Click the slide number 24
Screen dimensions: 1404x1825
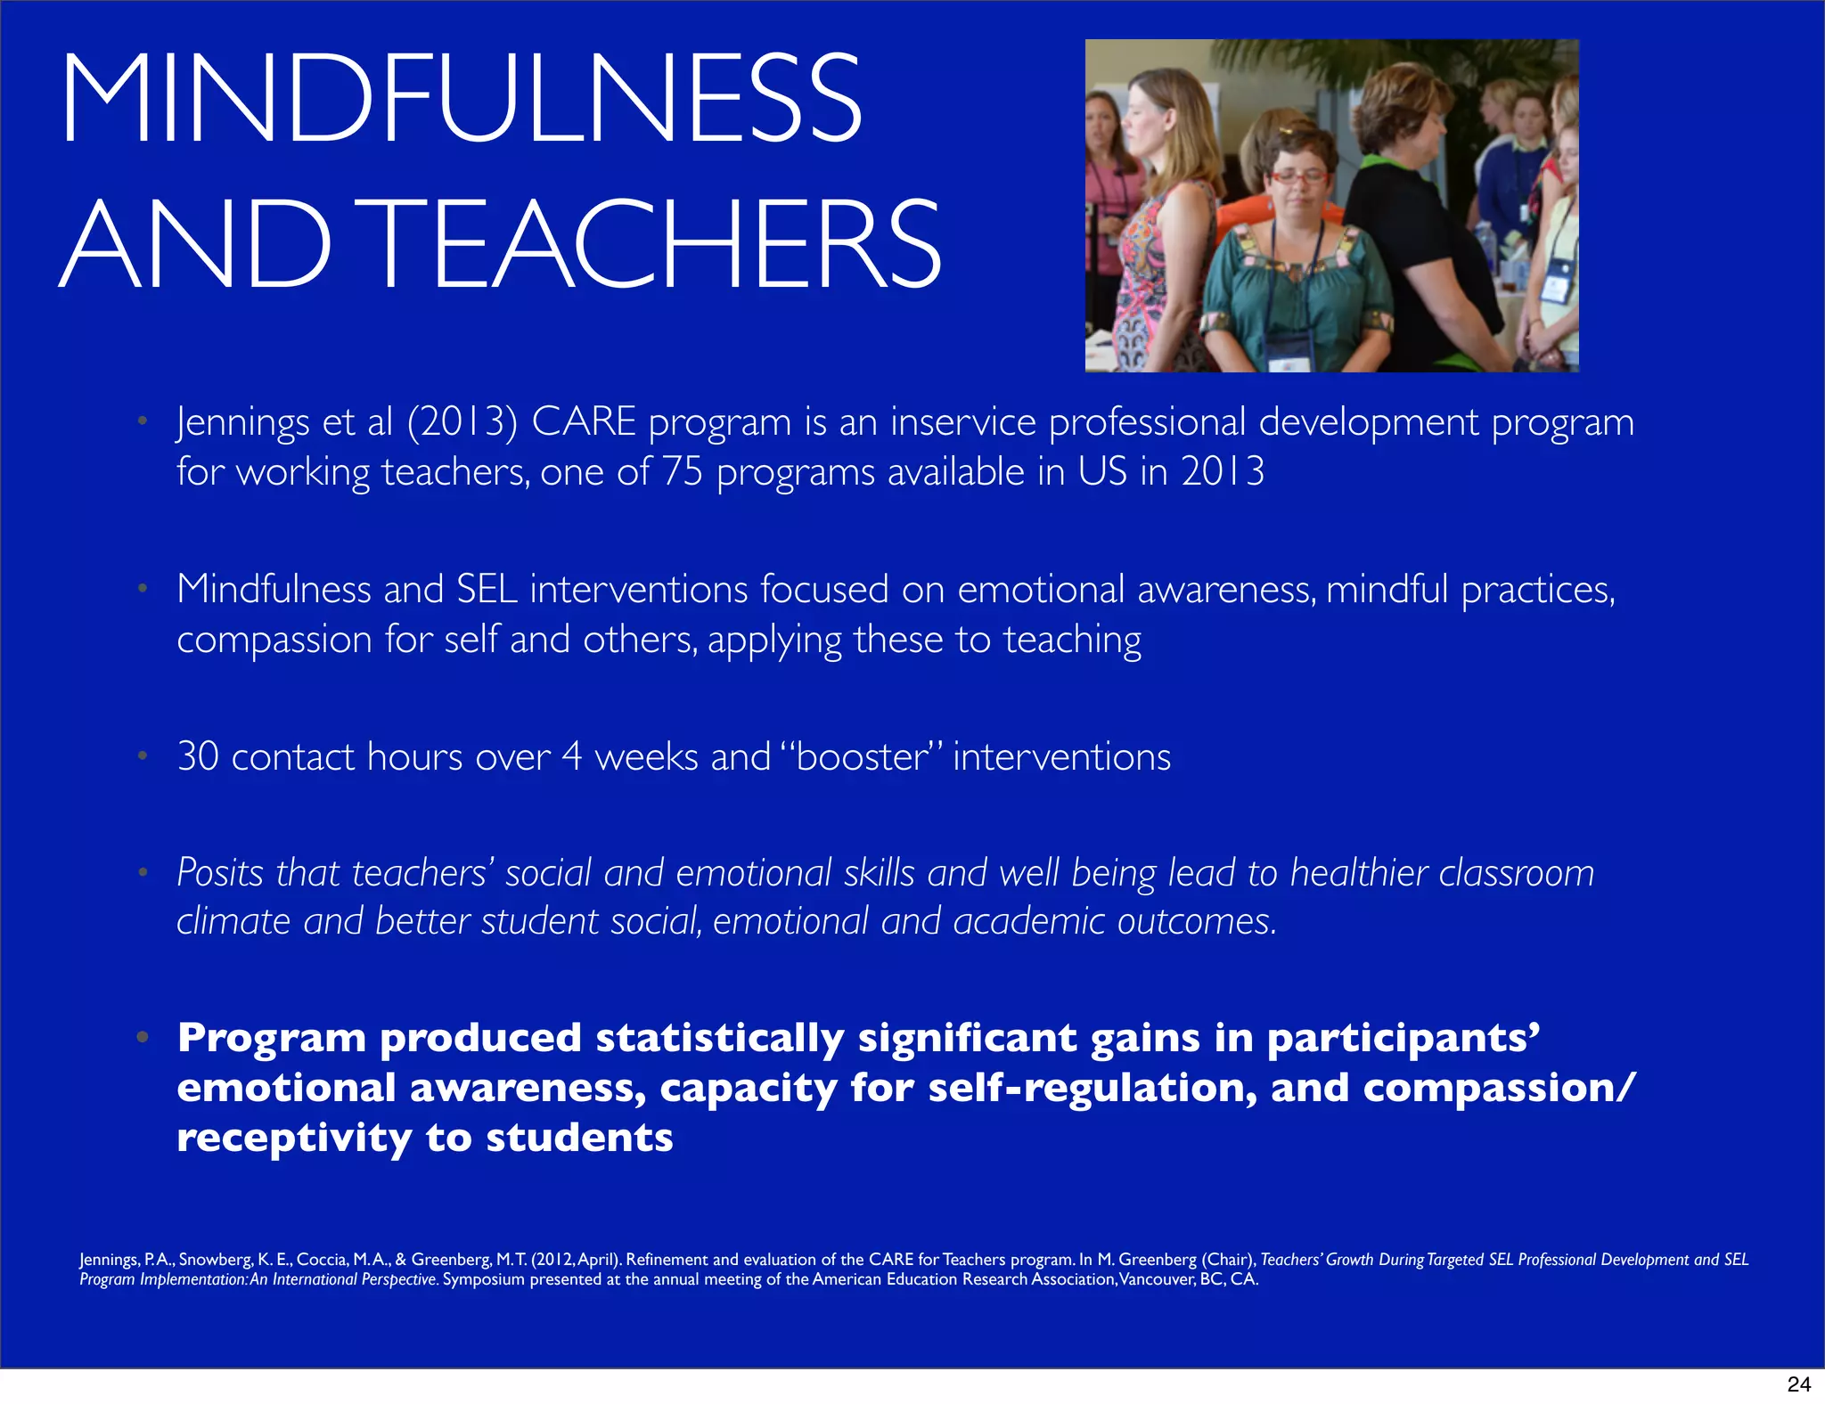[x=1798, y=1384]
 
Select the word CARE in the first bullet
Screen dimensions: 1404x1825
[x=584, y=421]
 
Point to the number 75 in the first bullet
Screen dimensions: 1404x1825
[x=683, y=471]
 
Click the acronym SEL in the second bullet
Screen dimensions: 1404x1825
[x=487, y=590]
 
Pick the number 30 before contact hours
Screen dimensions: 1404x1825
[x=198, y=756]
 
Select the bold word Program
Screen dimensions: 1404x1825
[x=272, y=1038]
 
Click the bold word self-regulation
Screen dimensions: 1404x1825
[x=1093, y=1088]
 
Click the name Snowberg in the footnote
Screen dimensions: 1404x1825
[x=215, y=1260]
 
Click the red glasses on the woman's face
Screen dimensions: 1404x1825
[x=1297, y=177]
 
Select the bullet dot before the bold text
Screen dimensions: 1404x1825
[x=142, y=1037]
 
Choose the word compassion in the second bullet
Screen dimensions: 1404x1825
[x=274, y=641]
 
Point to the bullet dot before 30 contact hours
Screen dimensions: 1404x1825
[x=142, y=756]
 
